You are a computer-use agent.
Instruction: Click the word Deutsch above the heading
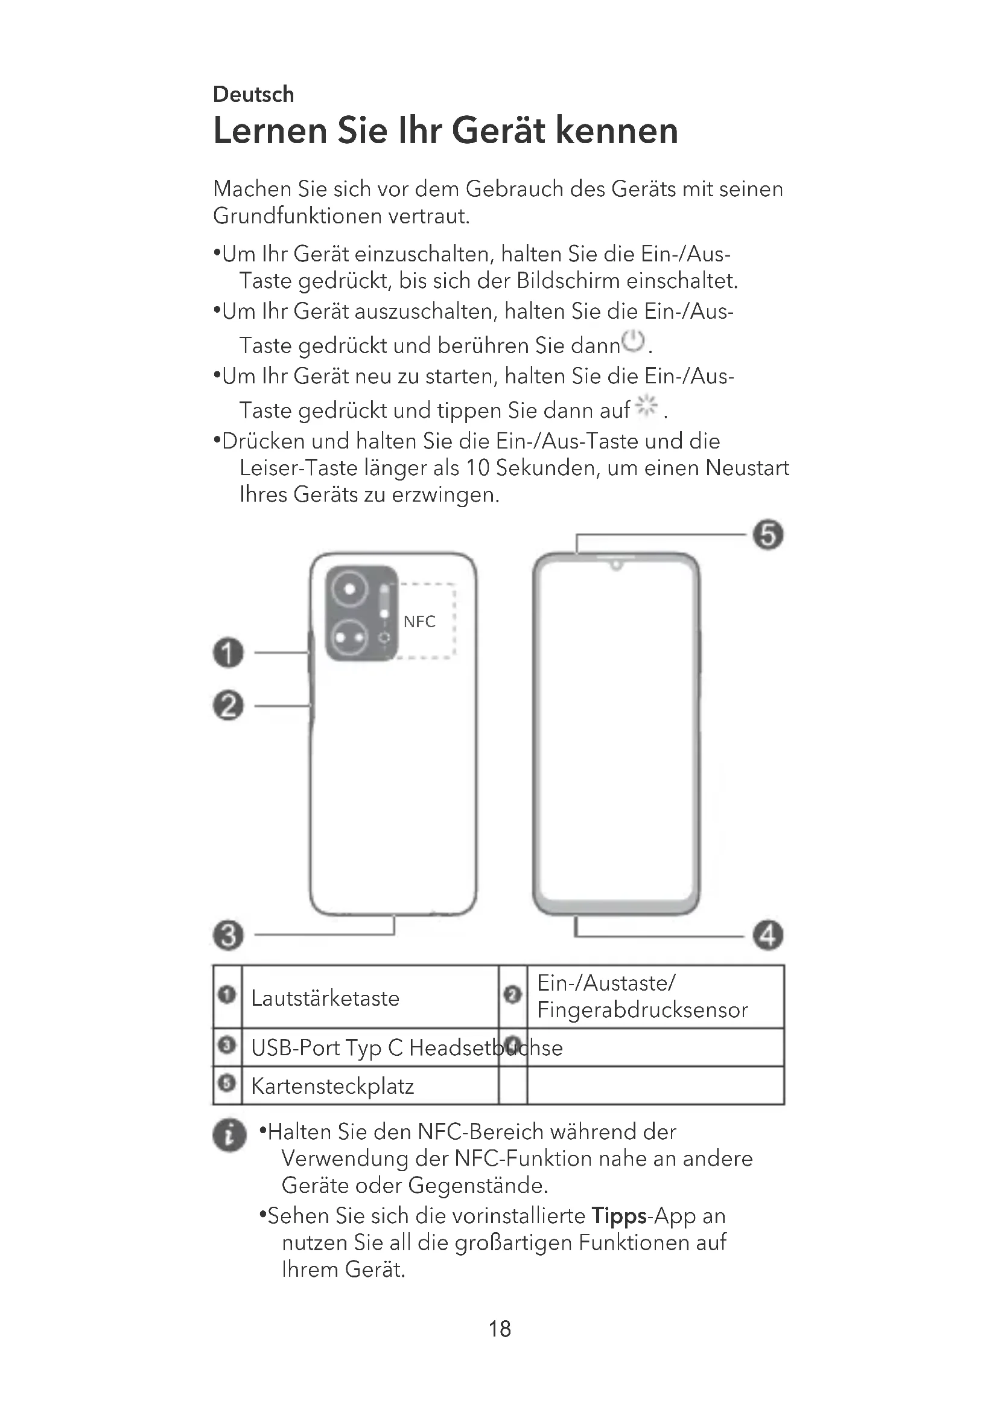point(253,94)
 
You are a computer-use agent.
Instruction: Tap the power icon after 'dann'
point(634,341)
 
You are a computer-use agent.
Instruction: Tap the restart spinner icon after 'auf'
point(646,406)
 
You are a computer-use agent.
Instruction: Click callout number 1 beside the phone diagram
point(228,652)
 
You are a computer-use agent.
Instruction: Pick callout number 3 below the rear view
point(228,935)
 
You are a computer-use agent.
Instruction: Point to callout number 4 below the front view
point(768,935)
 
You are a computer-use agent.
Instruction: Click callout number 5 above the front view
point(768,534)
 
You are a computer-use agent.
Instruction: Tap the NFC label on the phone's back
point(419,622)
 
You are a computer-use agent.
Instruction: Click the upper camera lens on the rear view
point(350,589)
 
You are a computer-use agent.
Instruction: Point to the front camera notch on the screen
point(617,564)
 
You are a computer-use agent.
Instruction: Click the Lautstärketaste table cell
point(325,997)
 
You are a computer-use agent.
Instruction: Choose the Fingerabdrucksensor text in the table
point(642,1010)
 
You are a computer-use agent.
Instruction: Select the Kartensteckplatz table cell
point(332,1086)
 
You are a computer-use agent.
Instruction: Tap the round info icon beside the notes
point(229,1135)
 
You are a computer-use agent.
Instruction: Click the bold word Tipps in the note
point(619,1216)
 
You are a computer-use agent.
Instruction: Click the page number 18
point(500,1329)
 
